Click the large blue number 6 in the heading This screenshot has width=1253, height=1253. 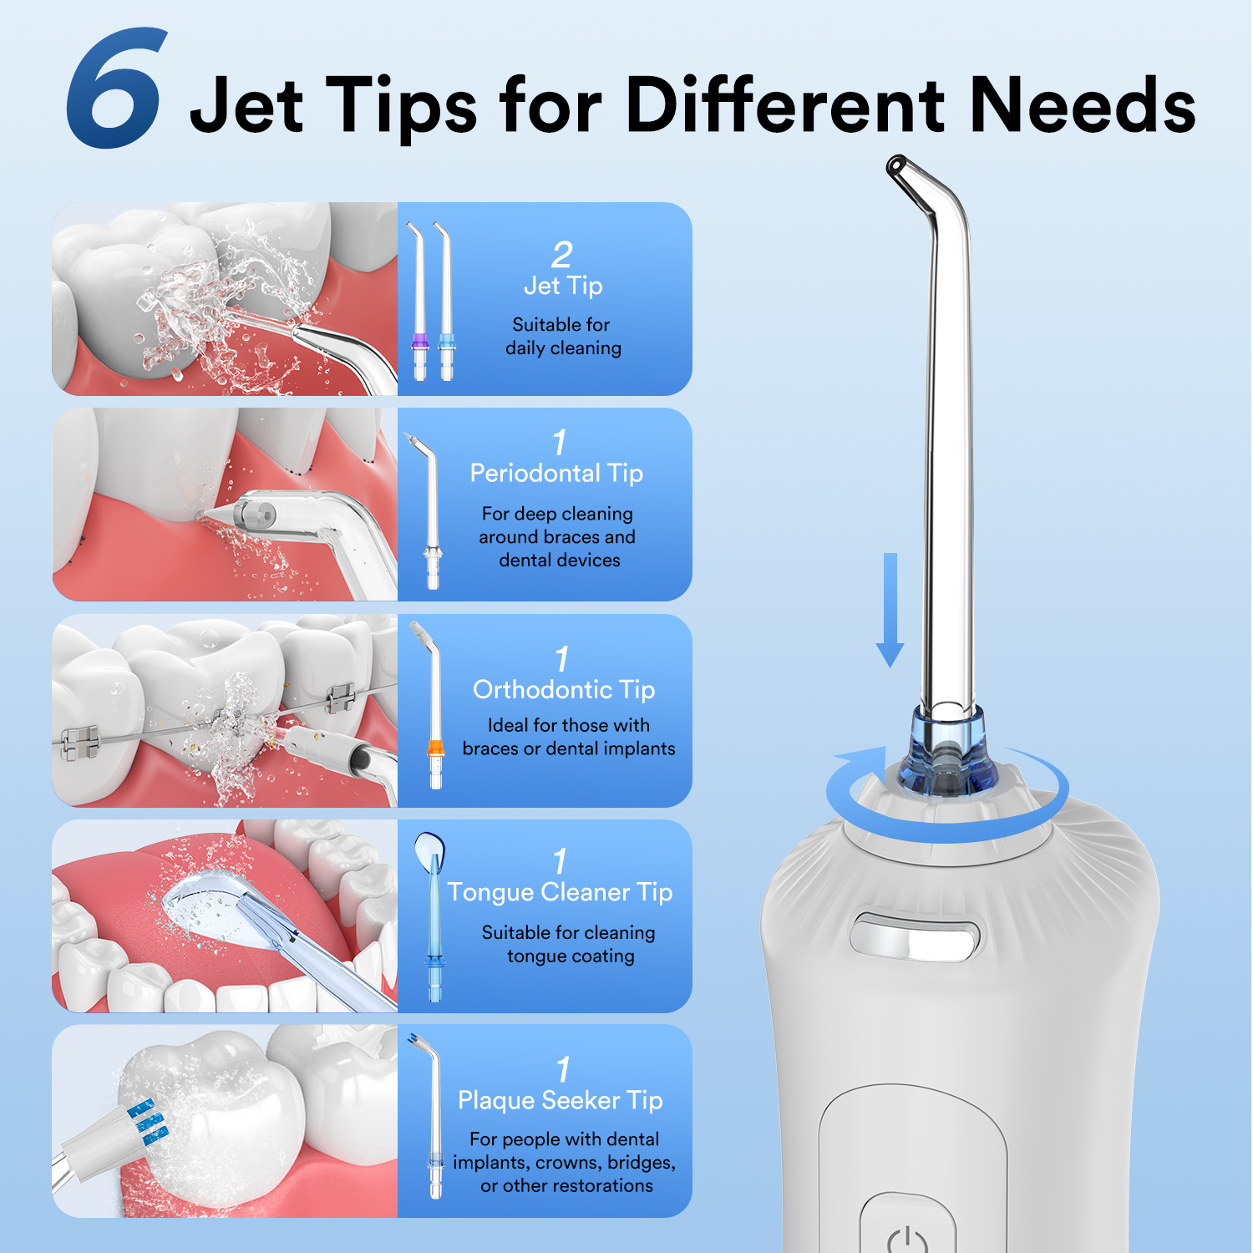[x=115, y=89]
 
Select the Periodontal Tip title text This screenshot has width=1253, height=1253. [x=556, y=473]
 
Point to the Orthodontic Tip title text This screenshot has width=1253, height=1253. [x=564, y=689]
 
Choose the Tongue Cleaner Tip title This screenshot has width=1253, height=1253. [x=560, y=892]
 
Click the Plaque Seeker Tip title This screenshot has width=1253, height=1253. [x=560, y=1100]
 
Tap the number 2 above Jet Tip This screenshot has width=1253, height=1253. [x=562, y=254]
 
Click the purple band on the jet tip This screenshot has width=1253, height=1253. [x=420, y=341]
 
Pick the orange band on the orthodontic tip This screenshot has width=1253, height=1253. [x=435, y=748]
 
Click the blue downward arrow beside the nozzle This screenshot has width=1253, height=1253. [x=890, y=610]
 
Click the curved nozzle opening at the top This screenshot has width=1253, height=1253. [x=898, y=165]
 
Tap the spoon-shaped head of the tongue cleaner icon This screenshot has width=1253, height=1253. [x=429, y=852]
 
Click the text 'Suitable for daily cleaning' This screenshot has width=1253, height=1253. [x=563, y=336]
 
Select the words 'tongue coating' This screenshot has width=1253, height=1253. [x=571, y=956]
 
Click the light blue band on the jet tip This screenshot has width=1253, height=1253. [x=447, y=341]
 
